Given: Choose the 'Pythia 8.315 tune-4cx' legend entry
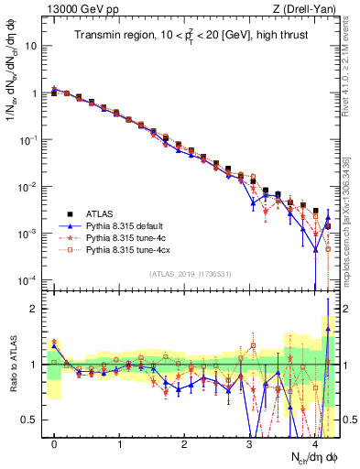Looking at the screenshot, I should click(x=129, y=248).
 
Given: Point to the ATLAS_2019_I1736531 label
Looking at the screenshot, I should click(x=190, y=274).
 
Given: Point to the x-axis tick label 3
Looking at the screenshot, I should click(x=249, y=444).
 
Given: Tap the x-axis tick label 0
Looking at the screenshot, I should click(x=54, y=444).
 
